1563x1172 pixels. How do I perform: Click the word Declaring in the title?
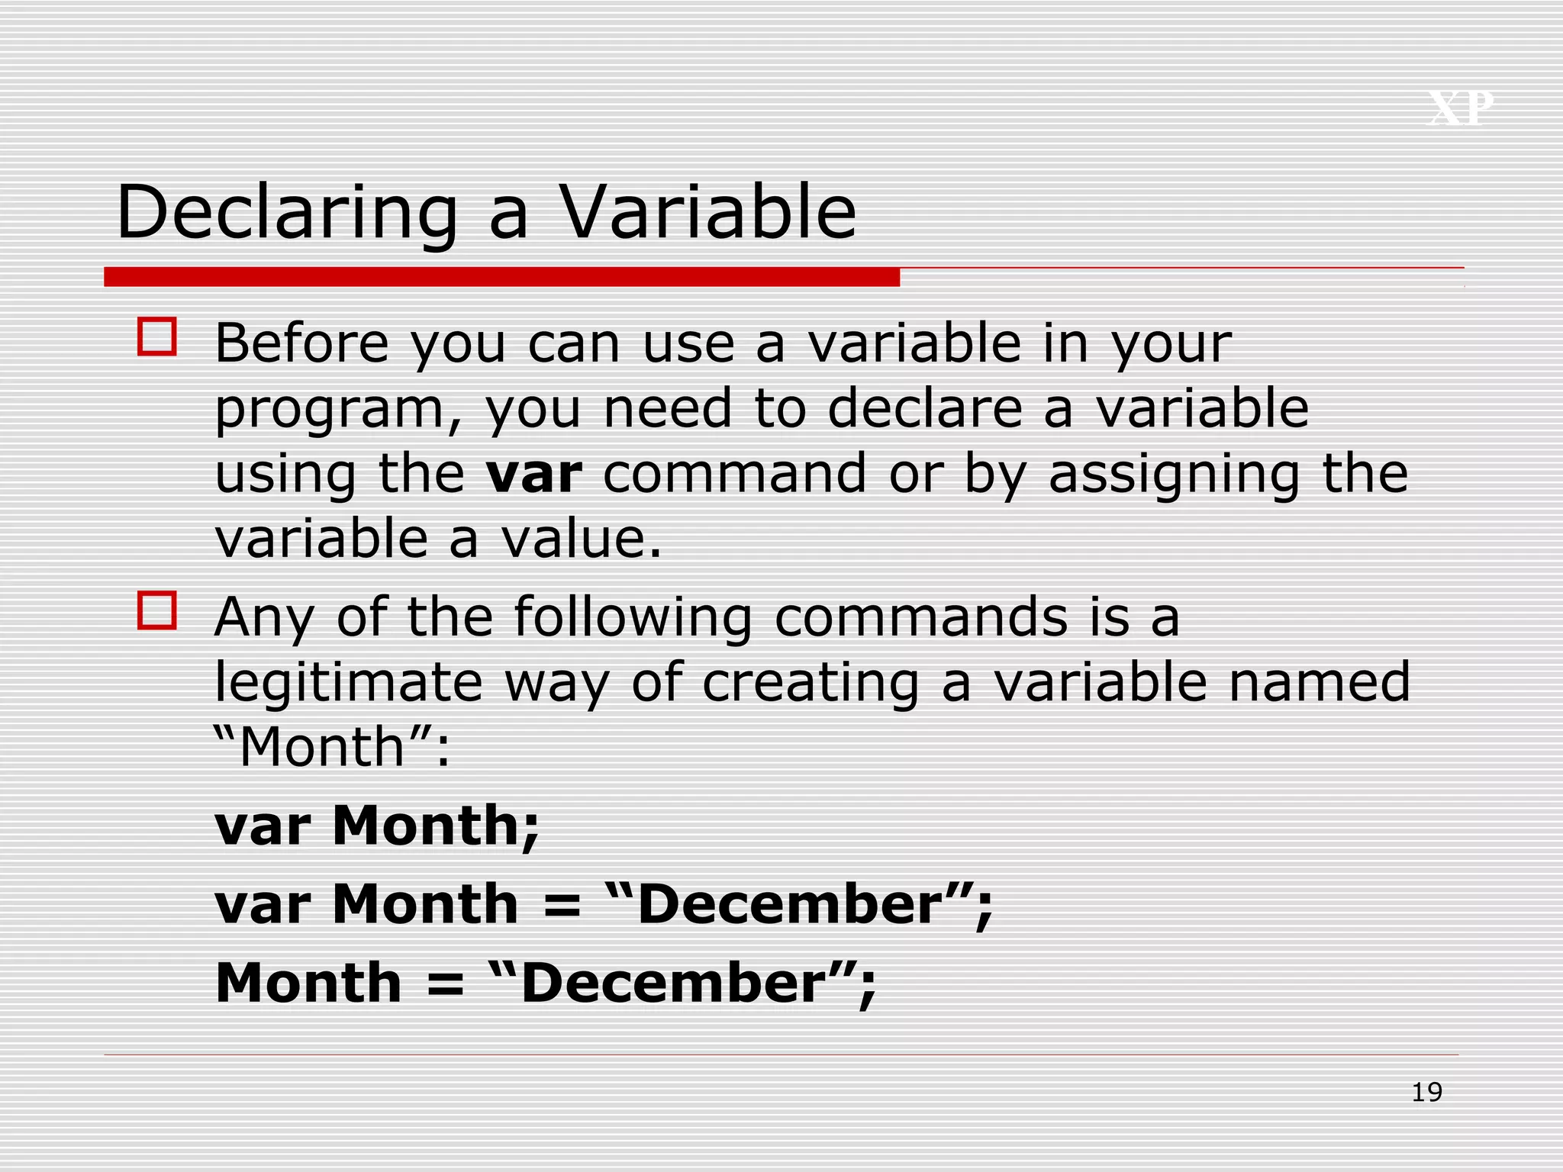pos(286,214)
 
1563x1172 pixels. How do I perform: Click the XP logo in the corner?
pos(1460,108)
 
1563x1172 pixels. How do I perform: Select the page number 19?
pos(1426,1093)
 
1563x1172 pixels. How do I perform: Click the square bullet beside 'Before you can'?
pos(157,336)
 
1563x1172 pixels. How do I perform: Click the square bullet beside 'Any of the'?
pos(157,610)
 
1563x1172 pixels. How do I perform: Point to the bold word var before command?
pos(534,475)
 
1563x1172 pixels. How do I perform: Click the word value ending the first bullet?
pos(580,539)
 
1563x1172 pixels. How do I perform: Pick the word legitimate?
pos(349,682)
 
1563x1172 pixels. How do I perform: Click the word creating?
pos(811,684)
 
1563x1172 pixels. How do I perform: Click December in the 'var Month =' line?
pos(791,905)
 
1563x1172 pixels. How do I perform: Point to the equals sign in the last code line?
pos(445,985)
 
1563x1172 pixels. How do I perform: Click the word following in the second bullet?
pos(633,618)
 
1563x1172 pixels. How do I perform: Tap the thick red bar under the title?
pos(501,277)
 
